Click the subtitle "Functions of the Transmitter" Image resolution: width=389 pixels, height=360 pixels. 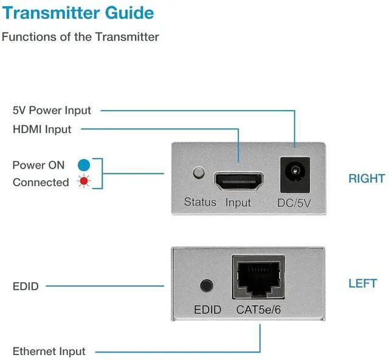[x=80, y=36]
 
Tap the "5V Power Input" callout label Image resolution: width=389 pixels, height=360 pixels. [x=52, y=111]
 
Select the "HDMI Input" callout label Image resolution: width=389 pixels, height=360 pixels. [x=42, y=130]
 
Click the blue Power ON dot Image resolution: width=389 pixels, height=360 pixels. [x=84, y=165]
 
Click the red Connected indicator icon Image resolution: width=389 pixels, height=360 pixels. [x=84, y=182]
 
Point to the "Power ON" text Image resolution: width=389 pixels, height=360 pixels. [x=38, y=165]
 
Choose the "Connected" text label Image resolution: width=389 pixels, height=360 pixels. [x=41, y=182]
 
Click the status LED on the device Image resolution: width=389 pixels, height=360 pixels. [x=198, y=173]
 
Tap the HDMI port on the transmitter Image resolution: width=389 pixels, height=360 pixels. [x=238, y=181]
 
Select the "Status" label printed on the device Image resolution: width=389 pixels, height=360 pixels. [x=200, y=202]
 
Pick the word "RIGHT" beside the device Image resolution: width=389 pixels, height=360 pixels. [x=367, y=179]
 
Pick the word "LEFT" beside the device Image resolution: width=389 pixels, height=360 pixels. [x=363, y=283]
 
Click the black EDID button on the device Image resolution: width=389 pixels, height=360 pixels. [x=207, y=285]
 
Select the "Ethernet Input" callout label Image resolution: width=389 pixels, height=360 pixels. [x=49, y=351]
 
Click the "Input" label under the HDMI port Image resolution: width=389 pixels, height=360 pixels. [x=238, y=202]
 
